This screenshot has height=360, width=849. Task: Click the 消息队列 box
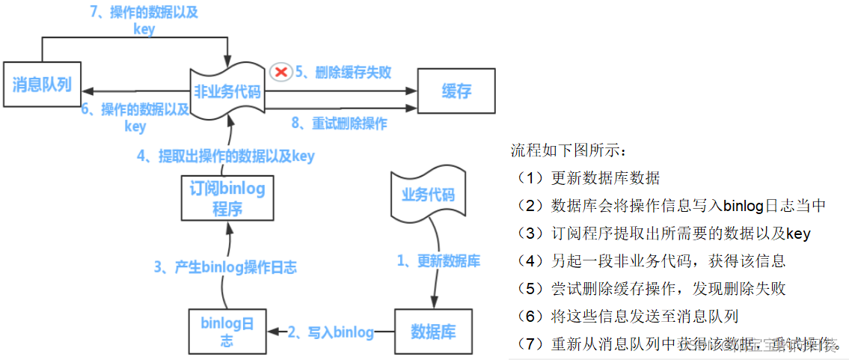[x=41, y=84]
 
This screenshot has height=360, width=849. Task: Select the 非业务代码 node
[x=227, y=91]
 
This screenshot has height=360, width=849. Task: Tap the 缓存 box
[x=456, y=91]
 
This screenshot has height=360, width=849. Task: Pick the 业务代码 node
[x=428, y=195]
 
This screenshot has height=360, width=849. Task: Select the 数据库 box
[x=433, y=332]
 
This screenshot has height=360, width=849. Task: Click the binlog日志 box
[x=227, y=332]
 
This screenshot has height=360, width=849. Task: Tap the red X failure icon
[x=281, y=72]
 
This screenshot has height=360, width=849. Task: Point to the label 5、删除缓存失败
[x=343, y=72]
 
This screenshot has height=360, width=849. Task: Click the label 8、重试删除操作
[x=339, y=123]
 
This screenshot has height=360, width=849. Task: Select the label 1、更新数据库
[x=438, y=260]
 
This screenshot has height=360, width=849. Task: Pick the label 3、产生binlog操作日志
[x=225, y=267]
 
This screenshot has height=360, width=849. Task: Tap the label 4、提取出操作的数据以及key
[x=226, y=156]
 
